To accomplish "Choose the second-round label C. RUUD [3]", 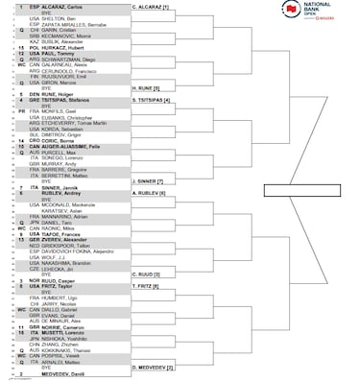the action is pos(144,274).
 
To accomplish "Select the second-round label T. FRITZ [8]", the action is pos(145,286).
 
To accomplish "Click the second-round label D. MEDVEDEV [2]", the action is pos(152,367).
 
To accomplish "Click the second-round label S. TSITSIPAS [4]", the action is pos(151,100).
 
